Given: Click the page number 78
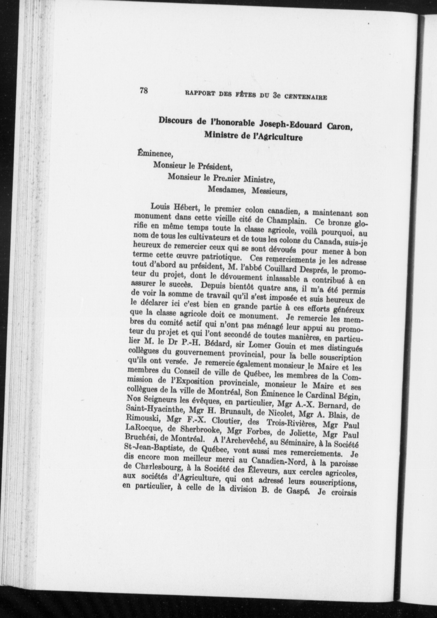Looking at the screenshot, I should pyautogui.click(x=144, y=91).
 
